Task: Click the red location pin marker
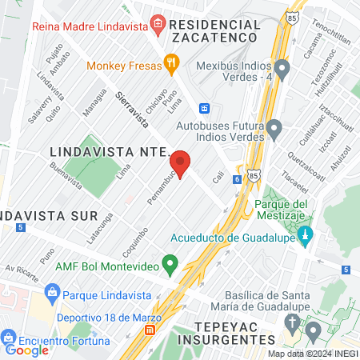[182, 163]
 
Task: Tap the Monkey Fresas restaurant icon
[170, 62]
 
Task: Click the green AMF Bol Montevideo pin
[170, 262]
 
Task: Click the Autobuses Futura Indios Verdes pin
[274, 127]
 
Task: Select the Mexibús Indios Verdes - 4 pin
[281, 66]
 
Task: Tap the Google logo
[27, 350]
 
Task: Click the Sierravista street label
[131, 110]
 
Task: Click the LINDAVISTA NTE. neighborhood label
[110, 150]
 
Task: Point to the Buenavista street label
[66, 176]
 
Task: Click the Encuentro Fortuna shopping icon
[8, 336]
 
